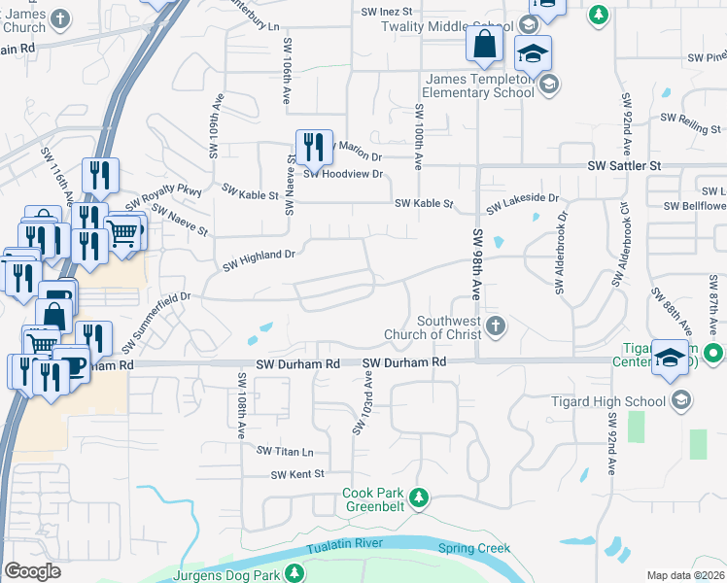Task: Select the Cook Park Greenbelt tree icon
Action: [x=419, y=498]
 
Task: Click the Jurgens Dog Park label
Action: [x=225, y=576]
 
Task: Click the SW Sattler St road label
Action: [x=624, y=166]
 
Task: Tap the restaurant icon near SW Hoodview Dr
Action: [x=314, y=148]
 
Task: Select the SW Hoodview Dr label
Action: [x=344, y=174]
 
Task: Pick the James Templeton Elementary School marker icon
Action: [x=548, y=85]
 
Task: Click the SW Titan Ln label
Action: [x=285, y=451]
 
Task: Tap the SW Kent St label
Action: [x=296, y=474]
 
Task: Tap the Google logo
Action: [x=32, y=571]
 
